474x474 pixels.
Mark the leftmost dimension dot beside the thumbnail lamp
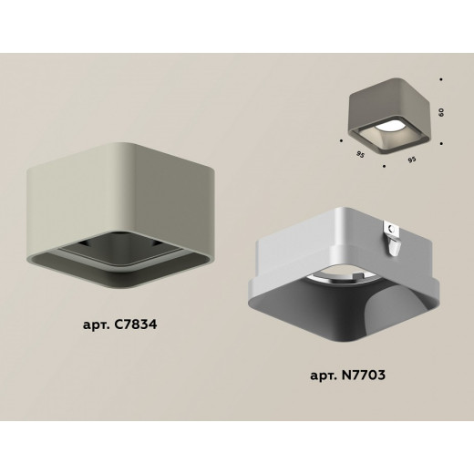pos(340,140)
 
